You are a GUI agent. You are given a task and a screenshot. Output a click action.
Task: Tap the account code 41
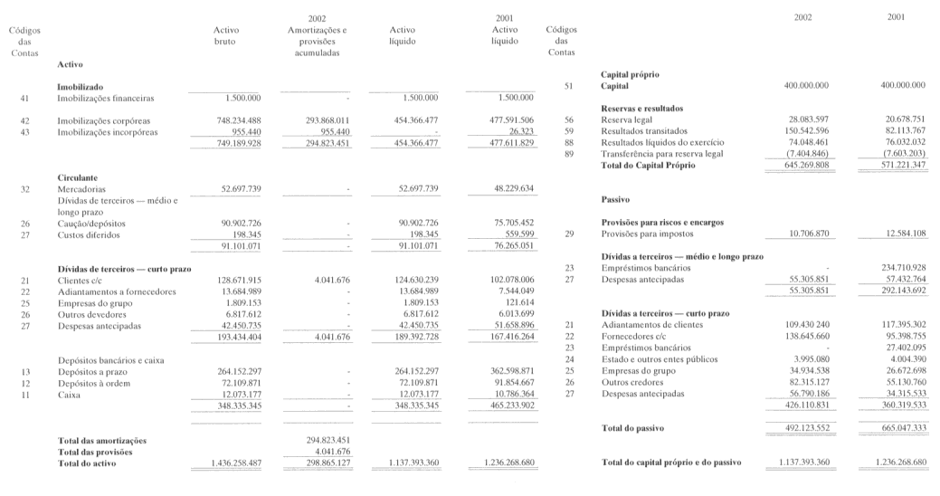click(24, 97)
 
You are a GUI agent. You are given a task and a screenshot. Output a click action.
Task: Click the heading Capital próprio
click(630, 73)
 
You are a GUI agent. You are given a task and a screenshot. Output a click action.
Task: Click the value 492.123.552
click(805, 426)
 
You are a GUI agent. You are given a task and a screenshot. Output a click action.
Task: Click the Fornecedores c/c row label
click(634, 335)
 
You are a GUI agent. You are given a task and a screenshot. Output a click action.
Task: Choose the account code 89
click(569, 153)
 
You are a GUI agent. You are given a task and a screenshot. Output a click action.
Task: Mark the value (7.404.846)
click(806, 153)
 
